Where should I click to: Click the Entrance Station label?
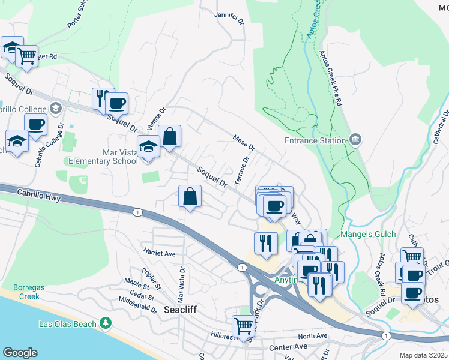pyautogui.click(x=315, y=141)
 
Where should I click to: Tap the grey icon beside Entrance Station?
pyautogui.click(x=355, y=140)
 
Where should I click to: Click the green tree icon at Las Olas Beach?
pyautogui.click(x=106, y=323)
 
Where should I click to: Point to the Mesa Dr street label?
pyautogui.click(x=244, y=142)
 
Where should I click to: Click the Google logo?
pyautogui.click(x=19, y=352)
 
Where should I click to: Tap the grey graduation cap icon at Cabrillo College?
pyautogui.click(x=56, y=108)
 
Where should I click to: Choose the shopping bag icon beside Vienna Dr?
pyautogui.click(x=170, y=135)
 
